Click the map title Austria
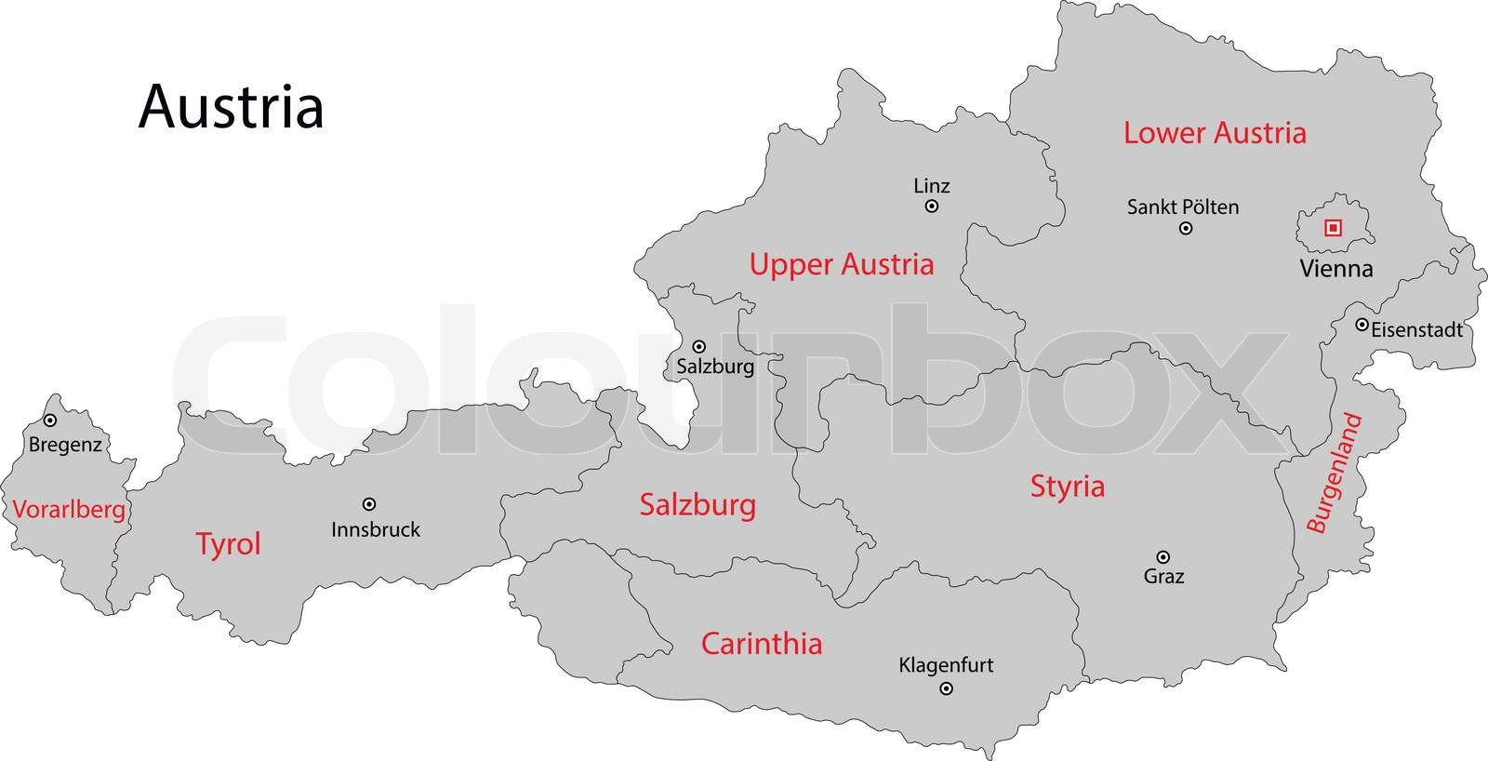click(x=231, y=107)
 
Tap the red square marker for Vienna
click(x=1333, y=227)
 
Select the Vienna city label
click(x=1335, y=269)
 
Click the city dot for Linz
click(x=932, y=207)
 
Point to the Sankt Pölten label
click(x=1183, y=207)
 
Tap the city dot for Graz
click(x=1162, y=556)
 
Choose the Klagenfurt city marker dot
click(x=947, y=689)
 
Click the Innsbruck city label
click(x=376, y=529)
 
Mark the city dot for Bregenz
click(x=50, y=421)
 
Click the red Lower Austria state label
click(x=1215, y=133)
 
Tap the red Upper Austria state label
click(x=842, y=264)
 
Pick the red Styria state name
click(x=1068, y=486)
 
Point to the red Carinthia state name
click(x=762, y=644)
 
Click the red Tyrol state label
click(x=229, y=543)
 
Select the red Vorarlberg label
click(x=69, y=510)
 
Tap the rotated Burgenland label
click(x=1335, y=474)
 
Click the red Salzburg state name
click(x=697, y=505)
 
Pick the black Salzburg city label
click(x=715, y=367)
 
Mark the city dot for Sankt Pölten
click(x=1186, y=228)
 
